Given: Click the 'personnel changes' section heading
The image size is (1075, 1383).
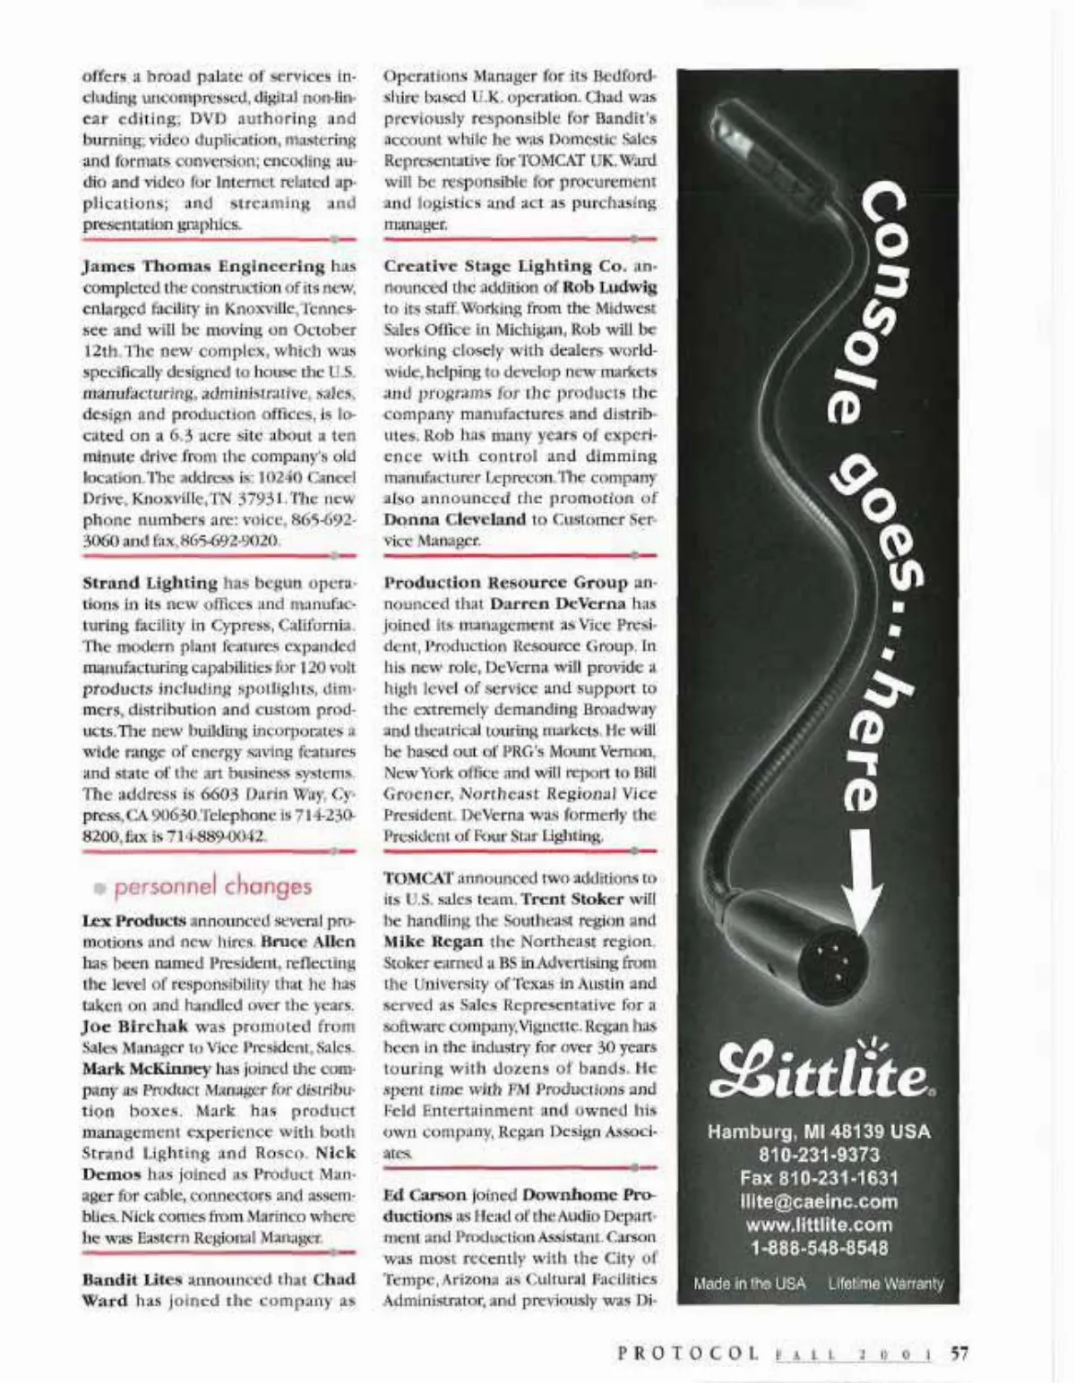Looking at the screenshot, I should pos(213,886).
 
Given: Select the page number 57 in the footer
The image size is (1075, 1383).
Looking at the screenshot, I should pos(959,1353).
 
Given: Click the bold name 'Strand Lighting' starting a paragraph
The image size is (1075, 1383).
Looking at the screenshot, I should pos(150,583).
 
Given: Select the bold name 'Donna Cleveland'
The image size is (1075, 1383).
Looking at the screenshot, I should pos(454,519).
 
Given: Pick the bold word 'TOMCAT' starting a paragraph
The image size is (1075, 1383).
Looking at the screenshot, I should pos(418,878).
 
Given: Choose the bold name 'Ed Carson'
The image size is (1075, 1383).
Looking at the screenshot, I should pos(425,1195).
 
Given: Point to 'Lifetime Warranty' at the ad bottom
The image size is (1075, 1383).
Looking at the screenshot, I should pos(885,1284).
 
